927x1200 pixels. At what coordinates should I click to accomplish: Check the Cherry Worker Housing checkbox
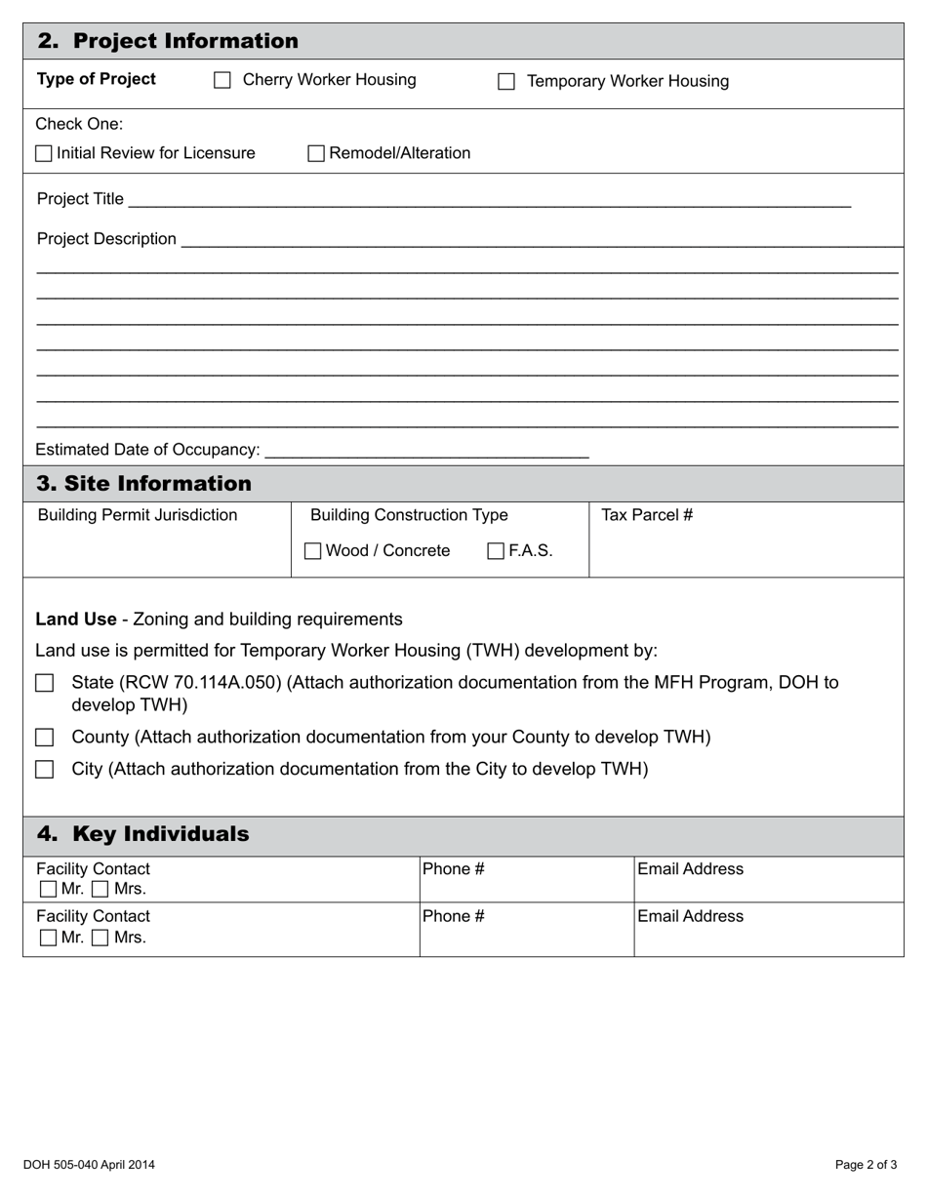[x=222, y=81]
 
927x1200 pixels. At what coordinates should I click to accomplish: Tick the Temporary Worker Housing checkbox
[x=506, y=82]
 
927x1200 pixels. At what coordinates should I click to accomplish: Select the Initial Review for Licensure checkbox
[x=44, y=154]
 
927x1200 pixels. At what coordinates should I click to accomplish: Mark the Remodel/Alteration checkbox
[x=316, y=154]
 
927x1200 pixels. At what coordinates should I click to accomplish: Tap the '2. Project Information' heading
[x=168, y=41]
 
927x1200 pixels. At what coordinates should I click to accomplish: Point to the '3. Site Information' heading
[x=143, y=484]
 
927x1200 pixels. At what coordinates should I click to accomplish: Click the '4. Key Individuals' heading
[x=142, y=834]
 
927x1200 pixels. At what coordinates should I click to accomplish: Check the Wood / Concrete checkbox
[x=312, y=551]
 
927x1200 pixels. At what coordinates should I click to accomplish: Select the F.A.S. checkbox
[x=496, y=551]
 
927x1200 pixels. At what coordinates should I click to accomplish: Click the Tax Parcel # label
[x=647, y=515]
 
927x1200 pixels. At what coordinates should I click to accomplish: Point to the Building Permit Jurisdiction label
[x=137, y=515]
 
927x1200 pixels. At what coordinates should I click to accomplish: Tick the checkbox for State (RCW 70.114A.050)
[x=44, y=683]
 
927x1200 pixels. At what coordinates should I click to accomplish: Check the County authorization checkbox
[x=44, y=738]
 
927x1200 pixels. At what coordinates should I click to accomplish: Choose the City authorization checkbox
[x=44, y=770]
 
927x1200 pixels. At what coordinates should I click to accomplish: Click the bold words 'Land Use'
[x=76, y=620]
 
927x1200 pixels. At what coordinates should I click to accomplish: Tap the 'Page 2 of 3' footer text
[x=866, y=1164]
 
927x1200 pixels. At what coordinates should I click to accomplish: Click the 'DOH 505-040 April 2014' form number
[x=89, y=1164]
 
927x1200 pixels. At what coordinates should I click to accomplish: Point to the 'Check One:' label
[x=79, y=124]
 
